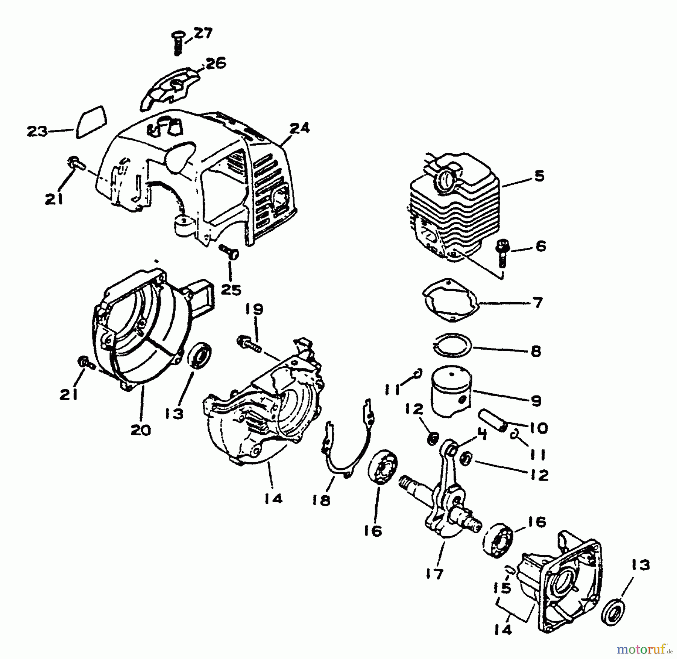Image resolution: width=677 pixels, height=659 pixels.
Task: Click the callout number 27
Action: [203, 33]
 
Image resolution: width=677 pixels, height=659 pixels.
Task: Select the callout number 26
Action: [215, 63]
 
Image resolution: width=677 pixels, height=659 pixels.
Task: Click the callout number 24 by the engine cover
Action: [299, 128]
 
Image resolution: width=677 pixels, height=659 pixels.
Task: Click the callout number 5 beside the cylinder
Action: [540, 176]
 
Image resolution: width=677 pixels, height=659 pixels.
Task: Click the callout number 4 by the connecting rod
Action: [482, 435]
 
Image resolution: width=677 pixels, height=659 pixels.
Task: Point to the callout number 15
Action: [504, 588]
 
